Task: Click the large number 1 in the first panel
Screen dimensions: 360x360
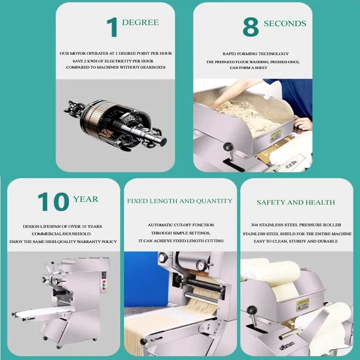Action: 112,27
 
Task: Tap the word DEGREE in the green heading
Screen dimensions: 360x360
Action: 140,22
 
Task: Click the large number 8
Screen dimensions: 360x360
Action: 251,27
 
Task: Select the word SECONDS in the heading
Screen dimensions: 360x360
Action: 285,23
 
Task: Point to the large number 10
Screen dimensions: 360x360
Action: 54,202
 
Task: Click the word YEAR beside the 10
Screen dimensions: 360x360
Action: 85,199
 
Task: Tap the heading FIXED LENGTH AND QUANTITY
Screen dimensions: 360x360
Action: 180,201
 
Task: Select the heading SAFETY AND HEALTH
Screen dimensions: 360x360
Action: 296,202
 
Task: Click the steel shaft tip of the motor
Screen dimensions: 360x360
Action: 162,141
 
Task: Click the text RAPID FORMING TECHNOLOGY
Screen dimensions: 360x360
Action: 256,54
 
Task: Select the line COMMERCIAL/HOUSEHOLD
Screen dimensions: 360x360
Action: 61,234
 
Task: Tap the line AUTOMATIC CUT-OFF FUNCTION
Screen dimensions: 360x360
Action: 181,225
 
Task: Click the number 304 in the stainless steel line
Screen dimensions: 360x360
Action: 254,225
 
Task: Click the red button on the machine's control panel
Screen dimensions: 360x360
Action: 104,282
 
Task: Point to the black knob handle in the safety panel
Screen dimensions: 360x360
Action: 252,310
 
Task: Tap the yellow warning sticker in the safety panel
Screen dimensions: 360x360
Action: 302,305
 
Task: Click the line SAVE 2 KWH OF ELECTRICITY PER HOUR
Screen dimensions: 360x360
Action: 113,61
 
